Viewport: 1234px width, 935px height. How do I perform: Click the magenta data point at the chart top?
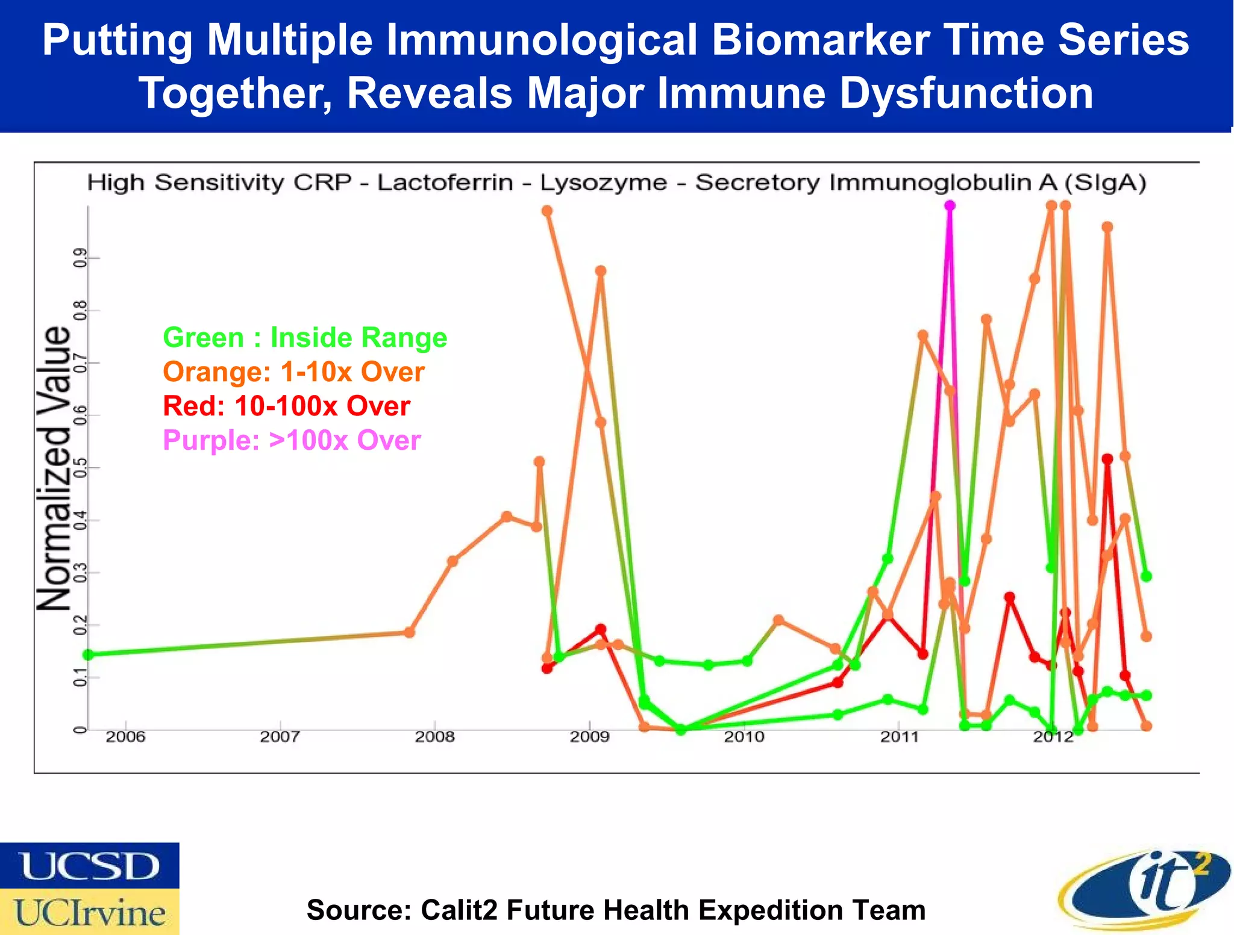click(x=950, y=206)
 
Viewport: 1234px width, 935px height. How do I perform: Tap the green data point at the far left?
click(x=88, y=654)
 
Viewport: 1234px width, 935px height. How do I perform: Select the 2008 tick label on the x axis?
click(x=434, y=736)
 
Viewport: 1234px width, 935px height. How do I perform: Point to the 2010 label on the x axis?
click(x=744, y=736)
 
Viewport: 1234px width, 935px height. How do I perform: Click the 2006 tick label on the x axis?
click(x=125, y=736)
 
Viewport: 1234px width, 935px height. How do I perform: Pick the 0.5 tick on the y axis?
click(x=79, y=467)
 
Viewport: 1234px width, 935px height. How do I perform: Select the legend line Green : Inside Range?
click(x=305, y=337)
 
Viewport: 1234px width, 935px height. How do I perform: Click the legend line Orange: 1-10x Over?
click(x=293, y=371)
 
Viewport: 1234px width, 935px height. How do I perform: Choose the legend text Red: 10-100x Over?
click(x=287, y=406)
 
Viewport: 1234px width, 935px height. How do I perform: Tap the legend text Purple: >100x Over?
click(x=292, y=440)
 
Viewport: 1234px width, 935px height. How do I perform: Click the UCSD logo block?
click(x=89, y=866)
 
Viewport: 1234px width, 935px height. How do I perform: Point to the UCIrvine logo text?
click(x=89, y=912)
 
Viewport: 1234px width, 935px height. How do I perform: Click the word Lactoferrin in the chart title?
click(x=445, y=182)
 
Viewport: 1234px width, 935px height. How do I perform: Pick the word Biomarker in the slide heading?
click(x=820, y=40)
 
